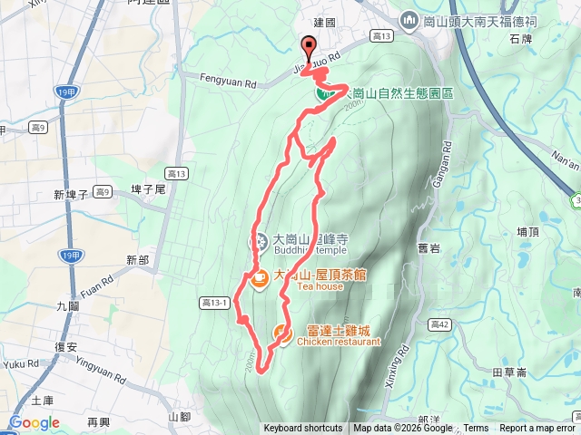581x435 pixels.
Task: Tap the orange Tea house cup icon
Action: click(259, 279)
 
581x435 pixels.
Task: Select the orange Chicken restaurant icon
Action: click(283, 333)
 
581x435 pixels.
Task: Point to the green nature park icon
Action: click(322, 92)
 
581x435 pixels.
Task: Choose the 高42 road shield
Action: click(440, 324)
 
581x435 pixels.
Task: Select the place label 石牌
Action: click(520, 39)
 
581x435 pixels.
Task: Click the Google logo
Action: click(34, 422)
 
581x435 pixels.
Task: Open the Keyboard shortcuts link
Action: click(303, 429)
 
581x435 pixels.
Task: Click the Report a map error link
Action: click(537, 429)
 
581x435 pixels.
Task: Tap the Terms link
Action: click(476, 429)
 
